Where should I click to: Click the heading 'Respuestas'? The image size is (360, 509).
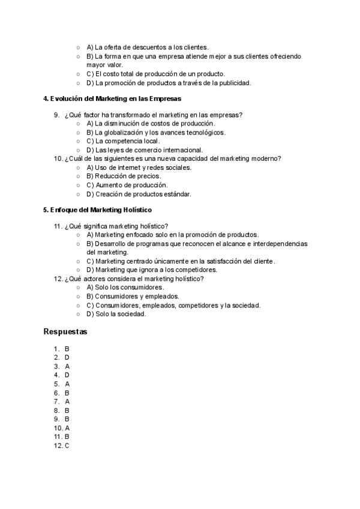point(65,331)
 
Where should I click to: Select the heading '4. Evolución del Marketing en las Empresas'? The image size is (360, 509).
point(112,98)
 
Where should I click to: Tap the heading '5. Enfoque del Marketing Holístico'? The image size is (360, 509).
point(98,210)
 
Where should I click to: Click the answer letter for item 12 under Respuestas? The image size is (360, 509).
point(67,446)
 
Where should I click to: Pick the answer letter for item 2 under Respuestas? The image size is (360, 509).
point(67,357)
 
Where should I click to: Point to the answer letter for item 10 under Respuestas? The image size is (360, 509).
point(67,428)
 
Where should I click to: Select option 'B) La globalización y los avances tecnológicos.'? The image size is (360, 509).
point(156,132)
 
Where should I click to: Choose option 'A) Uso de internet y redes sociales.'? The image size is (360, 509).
point(139,167)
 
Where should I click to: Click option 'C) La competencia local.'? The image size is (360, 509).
point(123,141)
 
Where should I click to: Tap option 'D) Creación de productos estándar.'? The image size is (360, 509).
point(139,194)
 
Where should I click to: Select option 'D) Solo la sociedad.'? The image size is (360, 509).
point(116,313)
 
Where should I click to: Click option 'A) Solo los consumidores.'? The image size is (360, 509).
point(125,287)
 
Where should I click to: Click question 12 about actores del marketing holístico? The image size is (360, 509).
point(134,279)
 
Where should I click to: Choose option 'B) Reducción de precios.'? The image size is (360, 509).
point(124,176)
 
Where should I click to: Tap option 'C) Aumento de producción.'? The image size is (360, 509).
point(127,185)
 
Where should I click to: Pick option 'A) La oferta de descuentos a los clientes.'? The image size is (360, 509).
point(147,47)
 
